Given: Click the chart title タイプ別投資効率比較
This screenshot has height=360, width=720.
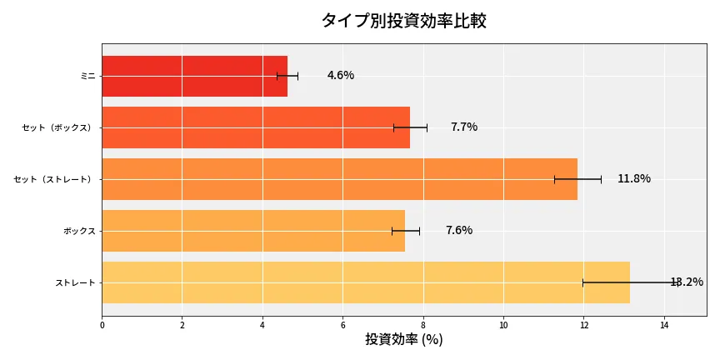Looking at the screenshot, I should (x=403, y=21).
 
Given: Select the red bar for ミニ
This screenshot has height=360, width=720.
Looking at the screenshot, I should (x=194, y=76).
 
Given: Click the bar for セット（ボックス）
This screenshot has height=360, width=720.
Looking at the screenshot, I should (x=256, y=127).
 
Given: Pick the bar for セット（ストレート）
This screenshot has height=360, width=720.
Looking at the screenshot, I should (x=339, y=179).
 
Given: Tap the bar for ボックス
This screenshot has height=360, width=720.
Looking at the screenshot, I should (x=253, y=231).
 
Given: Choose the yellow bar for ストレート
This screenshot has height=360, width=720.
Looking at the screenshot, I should (x=365, y=282).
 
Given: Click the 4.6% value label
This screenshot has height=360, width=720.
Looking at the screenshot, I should (x=340, y=76).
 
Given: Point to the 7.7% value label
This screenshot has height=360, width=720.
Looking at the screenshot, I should (x=463, y=127).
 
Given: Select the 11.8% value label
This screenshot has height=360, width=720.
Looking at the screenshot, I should (x=633, y=179).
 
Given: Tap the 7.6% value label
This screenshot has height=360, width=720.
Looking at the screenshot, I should (x=458, y=231).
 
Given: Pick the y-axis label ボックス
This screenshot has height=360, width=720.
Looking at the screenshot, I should (x=79, y=231).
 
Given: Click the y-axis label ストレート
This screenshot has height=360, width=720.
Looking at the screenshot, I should (x=75, y=282).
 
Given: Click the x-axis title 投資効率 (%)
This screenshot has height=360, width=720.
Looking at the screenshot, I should (x=403, y=340).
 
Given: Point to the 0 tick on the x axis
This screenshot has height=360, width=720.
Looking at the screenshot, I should (x=102, y=325).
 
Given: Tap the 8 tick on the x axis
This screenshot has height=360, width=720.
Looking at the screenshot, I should (x=423, y=325).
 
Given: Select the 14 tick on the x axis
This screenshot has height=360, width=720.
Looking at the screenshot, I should (x=664, y=325).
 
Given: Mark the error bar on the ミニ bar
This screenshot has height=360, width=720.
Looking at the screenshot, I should (x=287, y=76).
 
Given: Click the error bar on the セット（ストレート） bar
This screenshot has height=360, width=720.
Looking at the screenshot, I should (x=577, y=179).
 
